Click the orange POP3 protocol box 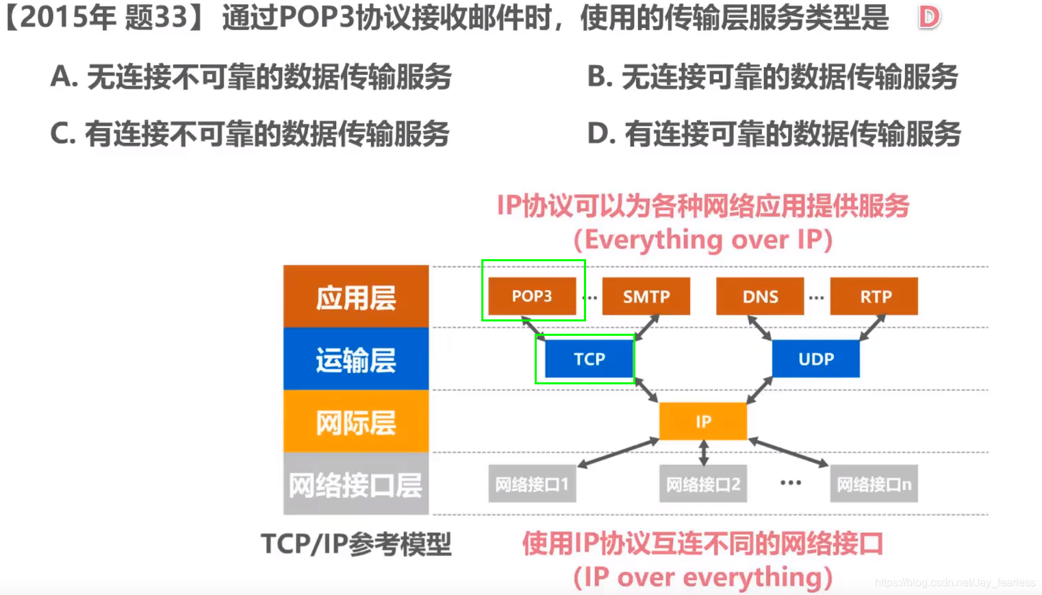(532, 296)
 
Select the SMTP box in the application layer (646, 296)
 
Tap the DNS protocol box (760, 296)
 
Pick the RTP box (874, 296)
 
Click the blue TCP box (589, 359)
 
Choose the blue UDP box (815, 359)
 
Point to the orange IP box (703, 421)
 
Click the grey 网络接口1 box (532, 484)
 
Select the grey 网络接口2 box (703, 484)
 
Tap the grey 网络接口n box (874, 484)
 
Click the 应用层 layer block (356, 297)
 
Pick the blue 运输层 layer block (356, 359)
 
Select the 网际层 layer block (356, 422)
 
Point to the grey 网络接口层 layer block (356, 484)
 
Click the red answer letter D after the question (929, 18)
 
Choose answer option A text (251, 77)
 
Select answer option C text (250, 133)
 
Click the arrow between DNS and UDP (759, 328)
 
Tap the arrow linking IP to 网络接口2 (703, 453)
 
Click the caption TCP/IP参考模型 (356, 544)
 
